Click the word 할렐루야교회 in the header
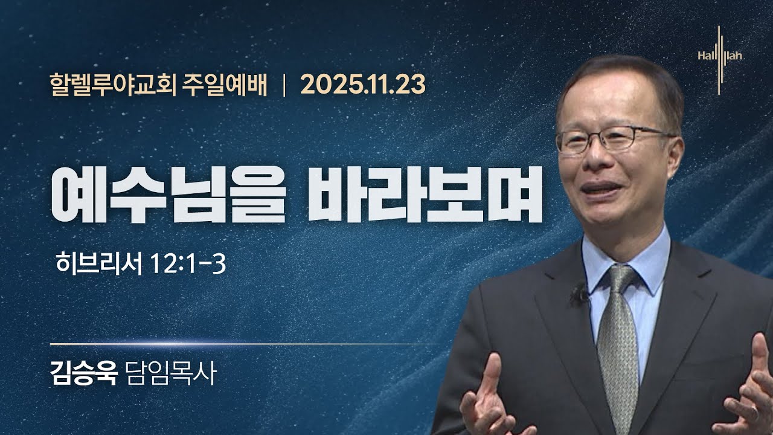pos(113,85)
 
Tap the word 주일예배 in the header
pos(224,85)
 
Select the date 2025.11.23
pos(363,85)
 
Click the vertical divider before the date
pos(284,85)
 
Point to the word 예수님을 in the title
pos(168,195)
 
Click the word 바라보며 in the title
pos(425,195)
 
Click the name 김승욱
pos(84,373)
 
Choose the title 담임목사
pos(172,373)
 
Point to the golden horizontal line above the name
pos(242,344)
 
